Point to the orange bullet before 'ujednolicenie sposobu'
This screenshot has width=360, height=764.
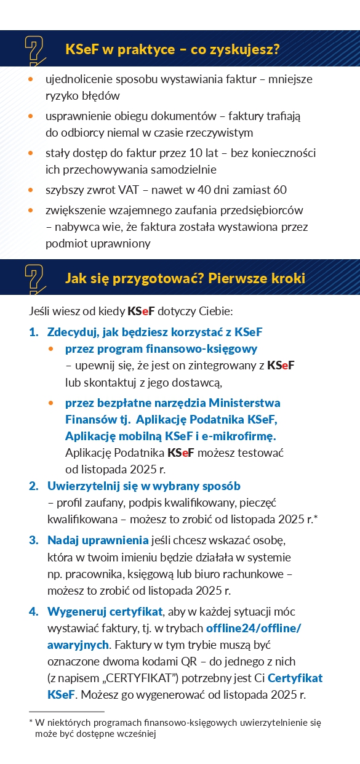[x=31, y=80]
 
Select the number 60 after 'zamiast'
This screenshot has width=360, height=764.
[x=281, y=191]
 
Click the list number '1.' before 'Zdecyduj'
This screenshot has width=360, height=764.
[x=34, y=332]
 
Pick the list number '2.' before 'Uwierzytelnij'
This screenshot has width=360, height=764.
[x=34, y=486]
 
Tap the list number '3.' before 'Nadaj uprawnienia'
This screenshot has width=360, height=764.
[x=34, y=541]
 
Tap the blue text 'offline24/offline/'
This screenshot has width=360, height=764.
[x=254, y=629]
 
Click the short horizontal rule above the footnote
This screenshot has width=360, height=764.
[x=58, y=712]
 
